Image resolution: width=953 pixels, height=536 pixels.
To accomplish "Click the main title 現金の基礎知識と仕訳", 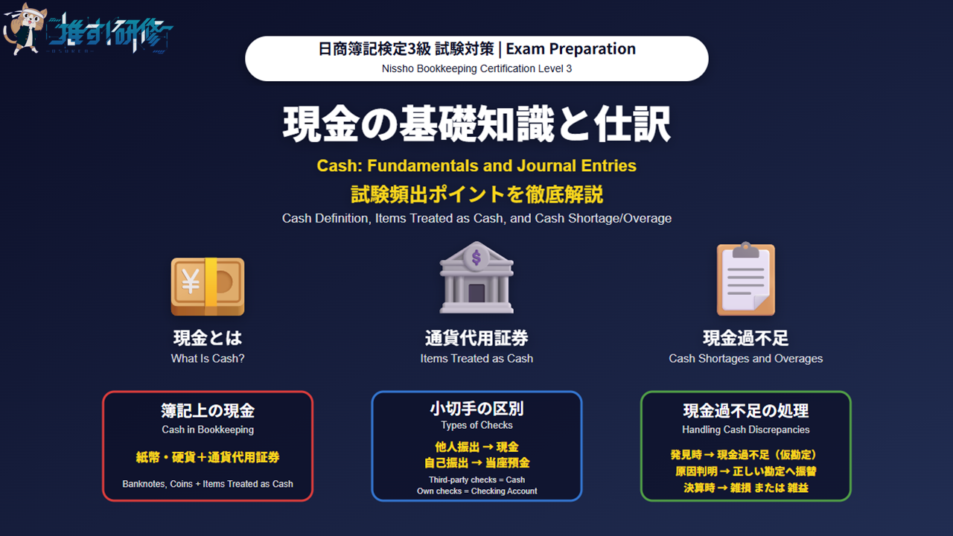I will point(476,124).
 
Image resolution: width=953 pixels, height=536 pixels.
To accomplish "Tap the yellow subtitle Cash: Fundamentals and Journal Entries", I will point(476,165).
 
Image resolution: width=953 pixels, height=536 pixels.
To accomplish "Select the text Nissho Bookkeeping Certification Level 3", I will point(476,68).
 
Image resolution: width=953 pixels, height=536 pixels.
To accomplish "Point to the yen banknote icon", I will point(208,287).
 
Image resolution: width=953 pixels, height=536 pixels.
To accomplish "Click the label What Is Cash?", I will point(208,358).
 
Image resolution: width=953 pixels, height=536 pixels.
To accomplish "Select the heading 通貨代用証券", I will point(476,338).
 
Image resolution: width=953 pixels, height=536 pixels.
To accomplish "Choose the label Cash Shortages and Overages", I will point(745,358).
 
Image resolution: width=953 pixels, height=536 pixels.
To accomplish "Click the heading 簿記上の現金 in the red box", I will point(208,411).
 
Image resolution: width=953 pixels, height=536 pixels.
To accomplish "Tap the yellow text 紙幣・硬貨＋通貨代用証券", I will point(208,457).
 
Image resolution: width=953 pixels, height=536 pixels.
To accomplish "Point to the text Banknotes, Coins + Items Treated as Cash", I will point(208,484).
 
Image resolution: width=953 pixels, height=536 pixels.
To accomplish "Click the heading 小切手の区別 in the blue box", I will point(476,409).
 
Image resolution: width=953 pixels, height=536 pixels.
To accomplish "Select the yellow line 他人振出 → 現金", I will point(476,447).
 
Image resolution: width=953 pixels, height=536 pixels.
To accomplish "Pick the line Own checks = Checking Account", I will point(476,491).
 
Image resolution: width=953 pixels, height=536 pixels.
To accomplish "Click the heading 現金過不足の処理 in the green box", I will point(745,411).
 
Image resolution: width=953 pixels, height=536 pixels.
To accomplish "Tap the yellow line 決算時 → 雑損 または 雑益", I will point(745,488).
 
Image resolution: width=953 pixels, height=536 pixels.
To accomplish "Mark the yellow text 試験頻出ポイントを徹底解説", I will point(476,194).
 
